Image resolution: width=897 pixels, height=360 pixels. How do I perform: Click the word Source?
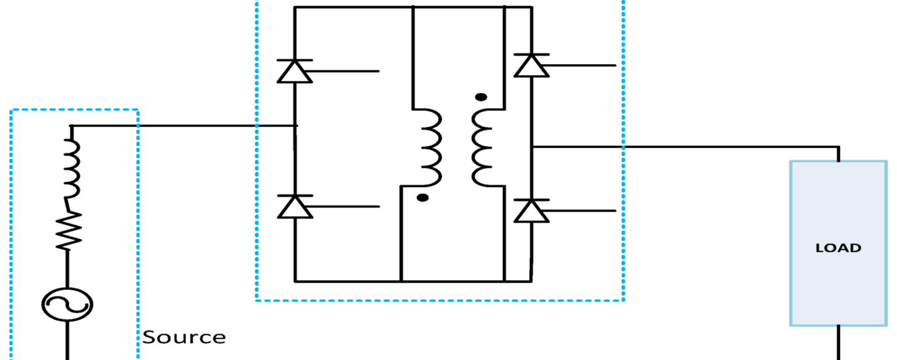[184, 338]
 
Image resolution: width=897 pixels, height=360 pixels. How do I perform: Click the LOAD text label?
[838, 248]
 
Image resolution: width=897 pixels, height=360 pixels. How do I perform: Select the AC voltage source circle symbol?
[67, 304]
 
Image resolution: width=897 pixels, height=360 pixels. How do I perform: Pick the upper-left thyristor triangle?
[295, 71]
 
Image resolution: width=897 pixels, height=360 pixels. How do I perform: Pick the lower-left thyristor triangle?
[295, 206]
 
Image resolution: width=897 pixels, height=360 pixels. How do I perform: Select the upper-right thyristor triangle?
[531, 65]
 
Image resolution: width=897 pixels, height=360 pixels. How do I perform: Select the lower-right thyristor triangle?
[531, 211]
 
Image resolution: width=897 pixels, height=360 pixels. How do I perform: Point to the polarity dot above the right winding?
[481, 98]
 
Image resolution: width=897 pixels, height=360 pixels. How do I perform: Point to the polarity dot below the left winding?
[423, 197]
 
